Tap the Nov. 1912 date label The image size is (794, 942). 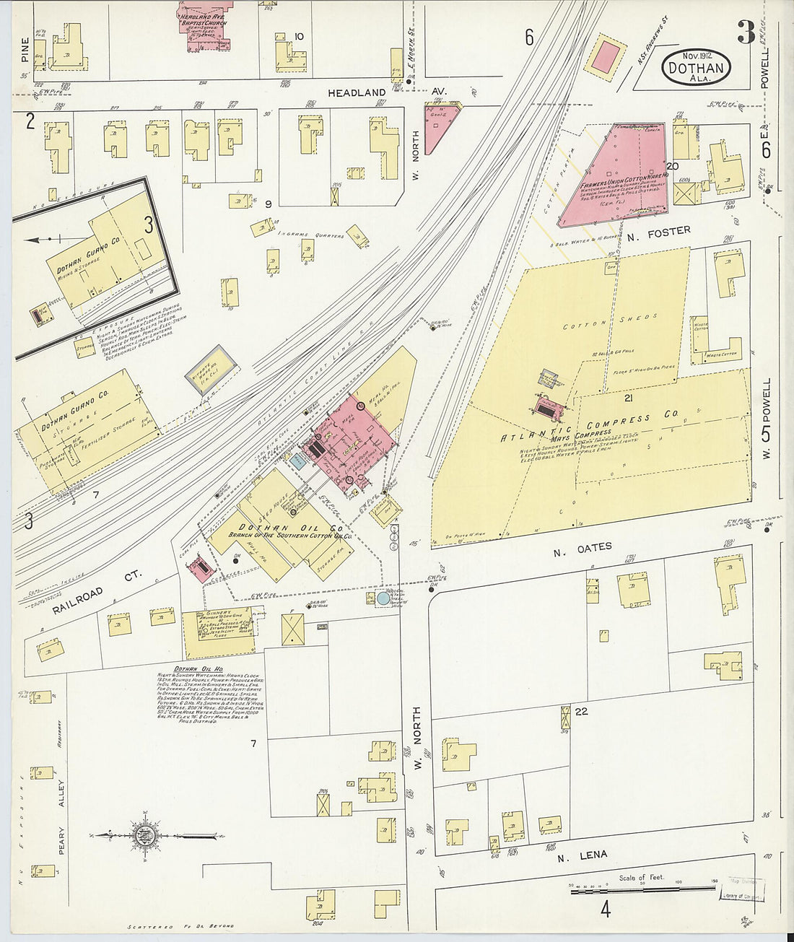click(695, 56)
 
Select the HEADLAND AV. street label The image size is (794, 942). click(388, 93)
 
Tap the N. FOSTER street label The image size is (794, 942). click(648, 231)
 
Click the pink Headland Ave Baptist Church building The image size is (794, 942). click(209, 26)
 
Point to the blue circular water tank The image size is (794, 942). click(383, 598)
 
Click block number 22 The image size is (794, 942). click(582, 712)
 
